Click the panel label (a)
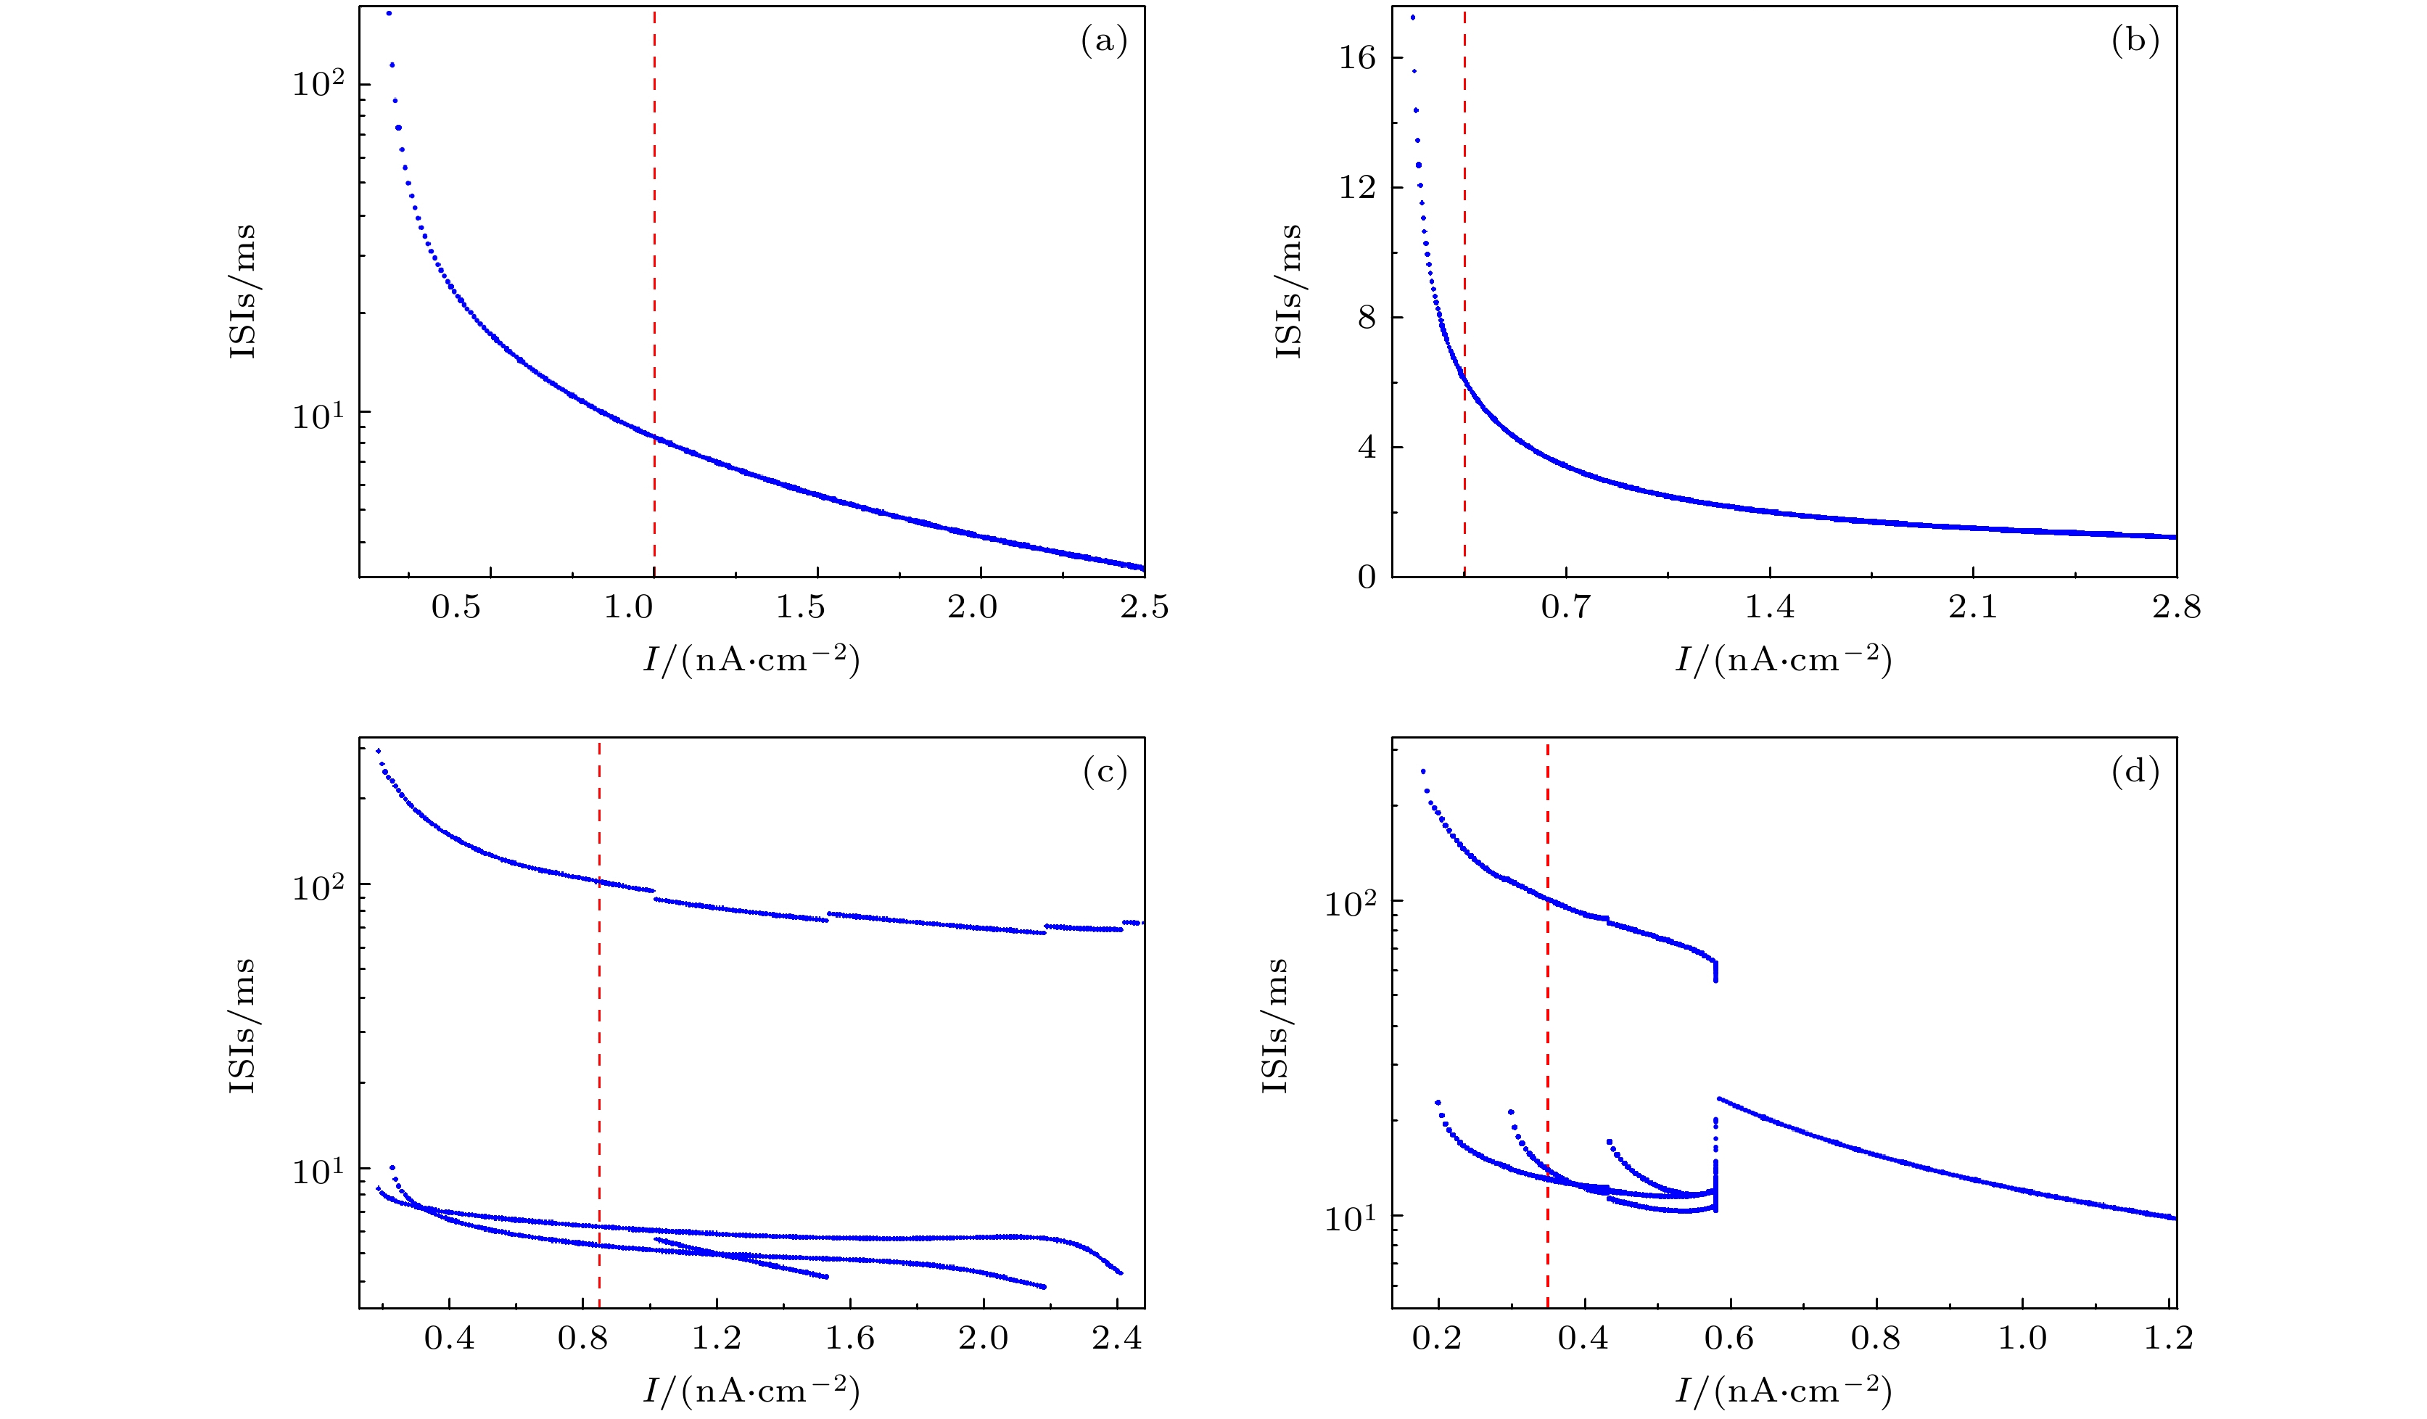click(x=1104, y=41)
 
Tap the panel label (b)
click(x=2135, y=41)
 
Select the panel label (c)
click(x=1104, y=772)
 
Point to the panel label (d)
click(x=2135, y=772)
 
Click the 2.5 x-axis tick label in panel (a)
click(x=1144, y=607)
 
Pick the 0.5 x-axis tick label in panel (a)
click(x=456, y=607)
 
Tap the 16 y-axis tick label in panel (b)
click(x=1357, y=58)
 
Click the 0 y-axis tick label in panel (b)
click(x=1367, y=577)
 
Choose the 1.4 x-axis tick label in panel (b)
click(x=1770, y=607)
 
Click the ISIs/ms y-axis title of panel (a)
click(x=243, y=291)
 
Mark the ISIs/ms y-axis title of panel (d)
click(x=1275, y=1025)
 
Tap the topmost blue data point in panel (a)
click(x=389, y=14)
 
